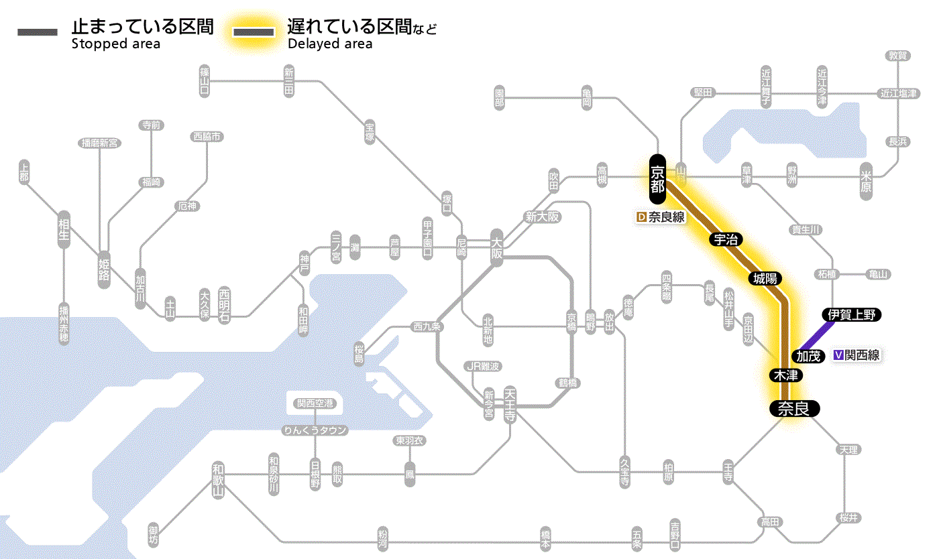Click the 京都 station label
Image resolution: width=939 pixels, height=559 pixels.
point(657,179)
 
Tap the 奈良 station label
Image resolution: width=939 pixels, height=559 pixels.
point(793,408)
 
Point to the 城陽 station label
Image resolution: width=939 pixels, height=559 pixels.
point(766,278)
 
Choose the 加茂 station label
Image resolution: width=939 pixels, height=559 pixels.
point(809,356)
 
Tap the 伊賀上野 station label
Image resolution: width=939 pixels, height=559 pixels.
point(852,315)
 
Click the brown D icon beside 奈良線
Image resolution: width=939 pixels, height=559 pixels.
point(641,217)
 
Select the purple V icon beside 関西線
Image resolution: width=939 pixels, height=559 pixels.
point(838,356)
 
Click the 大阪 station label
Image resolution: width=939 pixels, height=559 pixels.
point(496,246)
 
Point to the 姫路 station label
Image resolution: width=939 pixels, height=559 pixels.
point(104,269)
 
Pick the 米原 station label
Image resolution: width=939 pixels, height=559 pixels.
point(867,181)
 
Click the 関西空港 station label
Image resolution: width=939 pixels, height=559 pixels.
point(315,403)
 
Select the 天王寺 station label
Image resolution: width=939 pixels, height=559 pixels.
point(509,402)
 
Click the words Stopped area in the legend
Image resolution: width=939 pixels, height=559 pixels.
point(115,44)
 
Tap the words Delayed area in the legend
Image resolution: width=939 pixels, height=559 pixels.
point(330,44)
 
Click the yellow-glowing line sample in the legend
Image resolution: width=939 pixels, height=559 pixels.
point(253,32)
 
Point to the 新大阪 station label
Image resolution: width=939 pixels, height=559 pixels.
point(542,216)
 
